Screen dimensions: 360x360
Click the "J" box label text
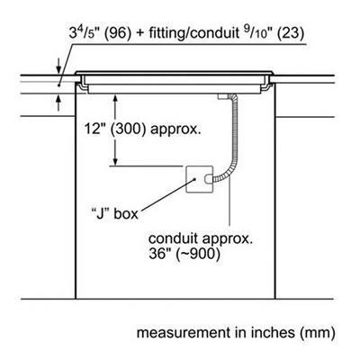(x=114, y=213)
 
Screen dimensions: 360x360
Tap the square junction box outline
(x=186, y=179)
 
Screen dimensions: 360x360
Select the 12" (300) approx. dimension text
(x=142, y=130)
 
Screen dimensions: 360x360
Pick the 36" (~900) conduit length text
(x=184, y=254)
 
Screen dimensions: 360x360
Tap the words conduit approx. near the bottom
(x=201, y=239)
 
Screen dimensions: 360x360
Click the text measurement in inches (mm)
(x=236, y=333)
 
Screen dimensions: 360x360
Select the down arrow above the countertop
(x=58, y=66)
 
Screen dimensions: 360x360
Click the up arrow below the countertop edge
(x=58, y=103)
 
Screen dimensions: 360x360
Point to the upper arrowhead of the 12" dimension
(x=114, y=99)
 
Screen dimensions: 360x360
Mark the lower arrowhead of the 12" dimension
(x=114, y=160)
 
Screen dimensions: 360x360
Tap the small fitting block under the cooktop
(x=222, y=96)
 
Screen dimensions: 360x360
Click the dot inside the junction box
(x=195, y=179)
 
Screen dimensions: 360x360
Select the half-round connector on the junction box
(x=207, y=179)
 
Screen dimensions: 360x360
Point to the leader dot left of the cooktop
(x=59, y=85)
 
